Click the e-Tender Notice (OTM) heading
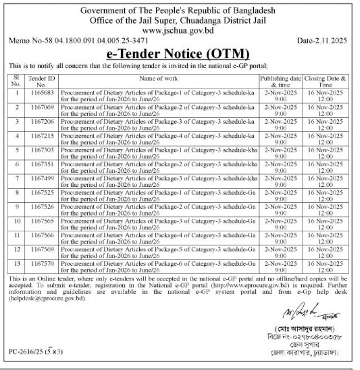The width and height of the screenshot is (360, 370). [x=178, y=54]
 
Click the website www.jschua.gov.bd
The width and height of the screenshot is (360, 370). [x=178, y=30]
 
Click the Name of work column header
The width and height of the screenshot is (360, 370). [x=158, y=78]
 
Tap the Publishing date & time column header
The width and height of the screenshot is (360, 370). [x=281, y=82]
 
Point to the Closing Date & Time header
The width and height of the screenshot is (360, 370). [x=325, y=82]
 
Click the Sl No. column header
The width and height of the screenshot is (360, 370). [x=17, y=82]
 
